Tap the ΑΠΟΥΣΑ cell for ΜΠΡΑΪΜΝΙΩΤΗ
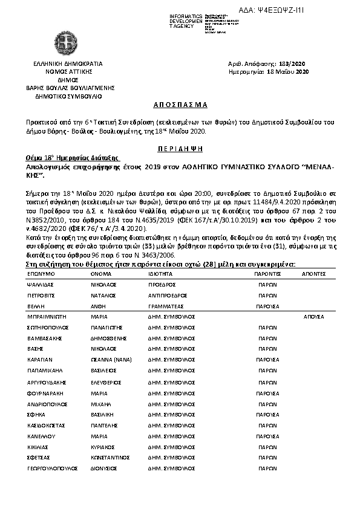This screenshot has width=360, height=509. click(x=313, y=316)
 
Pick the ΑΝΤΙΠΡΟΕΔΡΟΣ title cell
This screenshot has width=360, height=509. click(x=169, y=296)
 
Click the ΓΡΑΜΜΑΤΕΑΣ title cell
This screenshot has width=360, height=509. click(x=165, y=306)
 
